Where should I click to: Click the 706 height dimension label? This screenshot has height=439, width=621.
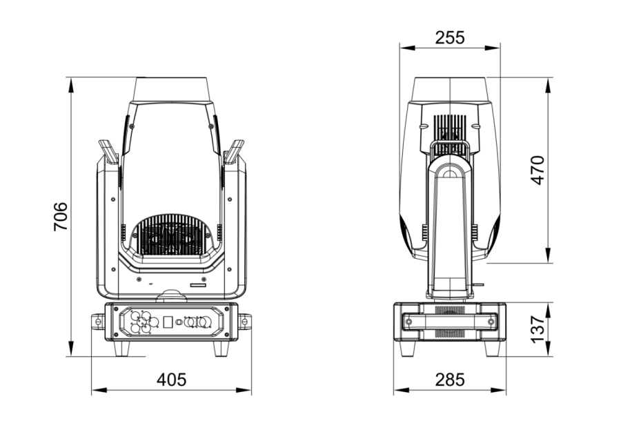point(61,216)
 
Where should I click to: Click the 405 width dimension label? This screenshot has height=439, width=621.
point(172,380)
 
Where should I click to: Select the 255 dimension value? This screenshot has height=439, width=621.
point(450,38)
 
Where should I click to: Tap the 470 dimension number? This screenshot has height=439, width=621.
point(538,170)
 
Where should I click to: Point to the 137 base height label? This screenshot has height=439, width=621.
point(538,330)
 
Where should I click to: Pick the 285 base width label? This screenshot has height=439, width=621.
point(450,380)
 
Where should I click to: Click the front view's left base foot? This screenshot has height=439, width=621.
point(121,349)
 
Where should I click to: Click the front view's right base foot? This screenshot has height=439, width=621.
point(221,349)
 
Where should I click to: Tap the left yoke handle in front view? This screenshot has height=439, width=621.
point(108,151)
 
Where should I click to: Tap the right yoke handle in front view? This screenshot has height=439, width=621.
point(234,151)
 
